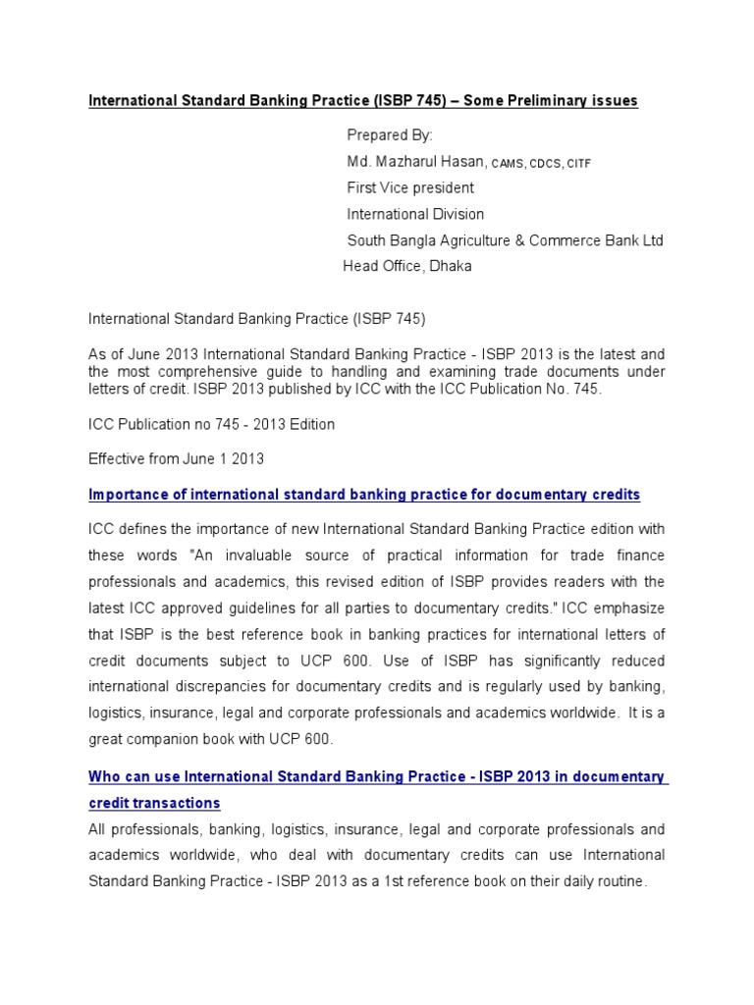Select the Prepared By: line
(390, 134)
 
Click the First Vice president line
(410, 187)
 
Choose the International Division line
(415, 214)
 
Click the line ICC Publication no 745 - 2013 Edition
(211, 425)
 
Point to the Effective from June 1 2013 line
(177, 458)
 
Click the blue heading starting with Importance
(364, 494)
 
